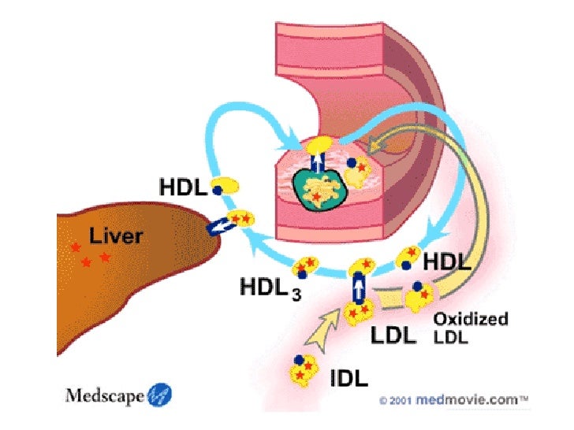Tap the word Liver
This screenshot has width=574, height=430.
coord(115,235)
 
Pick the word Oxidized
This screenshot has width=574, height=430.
coord(471,320)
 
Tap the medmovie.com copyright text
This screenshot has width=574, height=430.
coord(453,400)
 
